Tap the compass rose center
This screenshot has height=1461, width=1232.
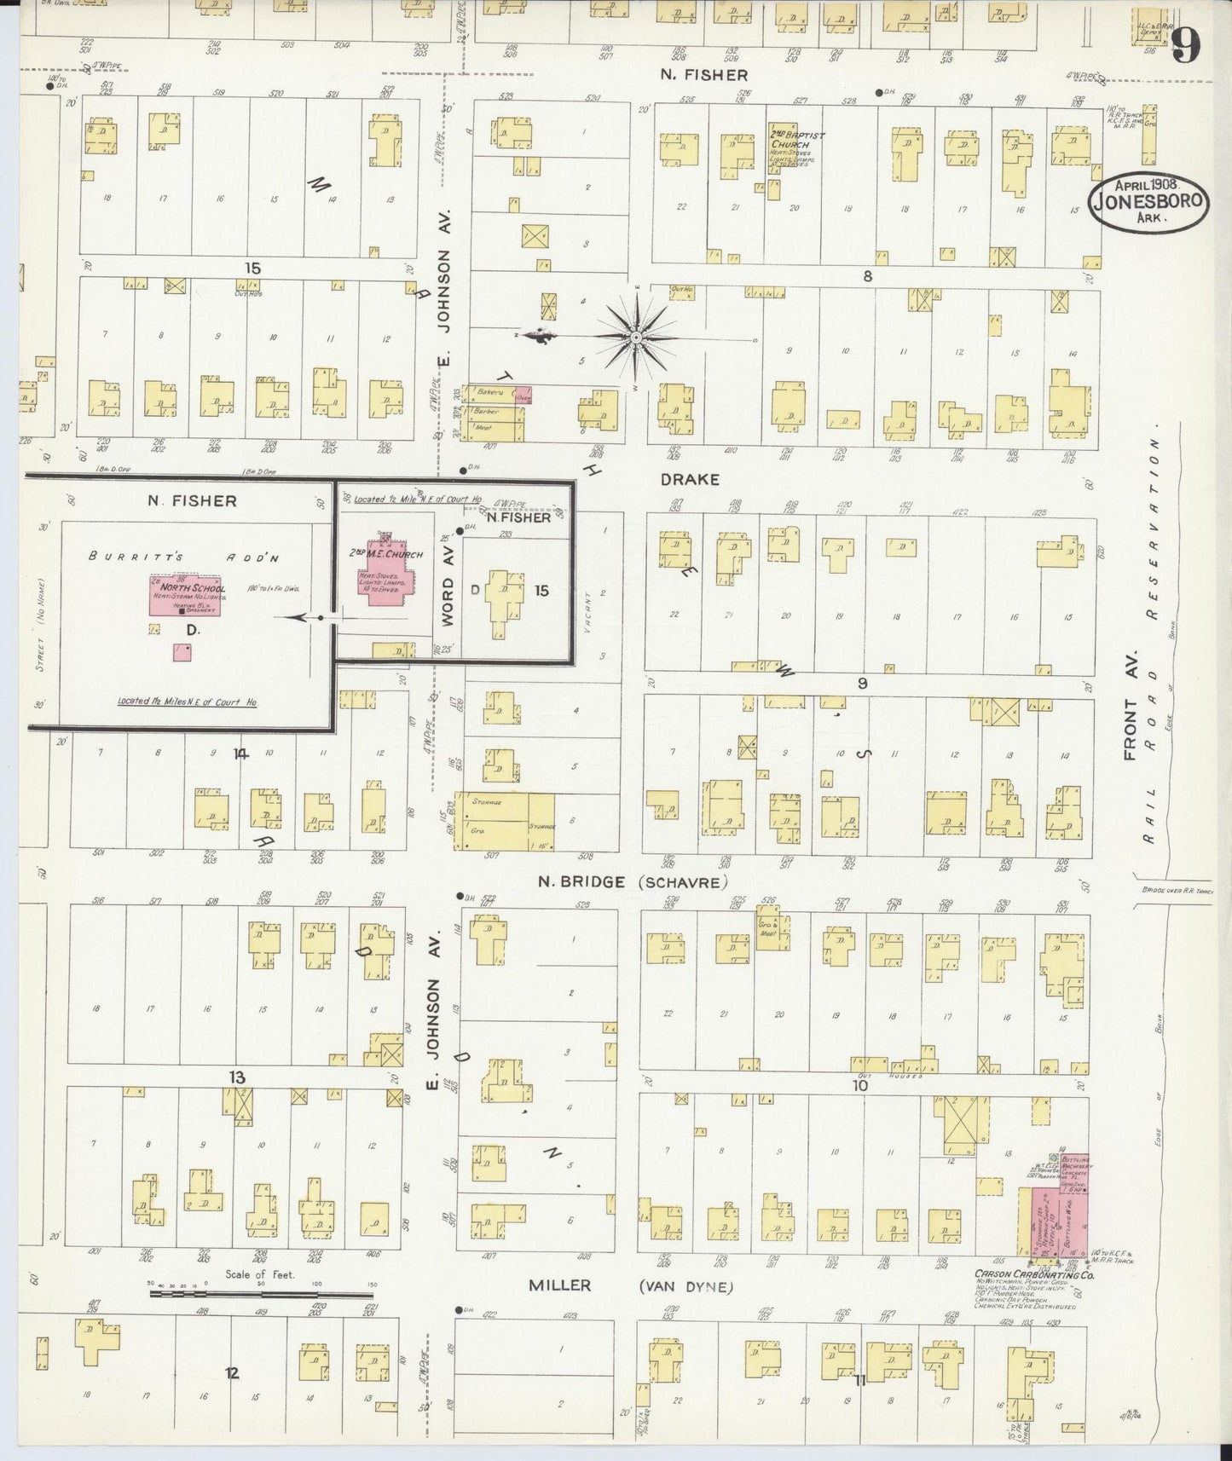coord(636,339)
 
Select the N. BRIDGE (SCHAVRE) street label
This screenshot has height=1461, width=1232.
coord(632,882)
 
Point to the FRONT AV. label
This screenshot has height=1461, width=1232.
coord(1132,729)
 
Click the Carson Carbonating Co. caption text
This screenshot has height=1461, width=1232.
coord(1034,1275)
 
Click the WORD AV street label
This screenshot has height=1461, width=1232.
coord(448,586)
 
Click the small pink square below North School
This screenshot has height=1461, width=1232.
coord(182,652)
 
